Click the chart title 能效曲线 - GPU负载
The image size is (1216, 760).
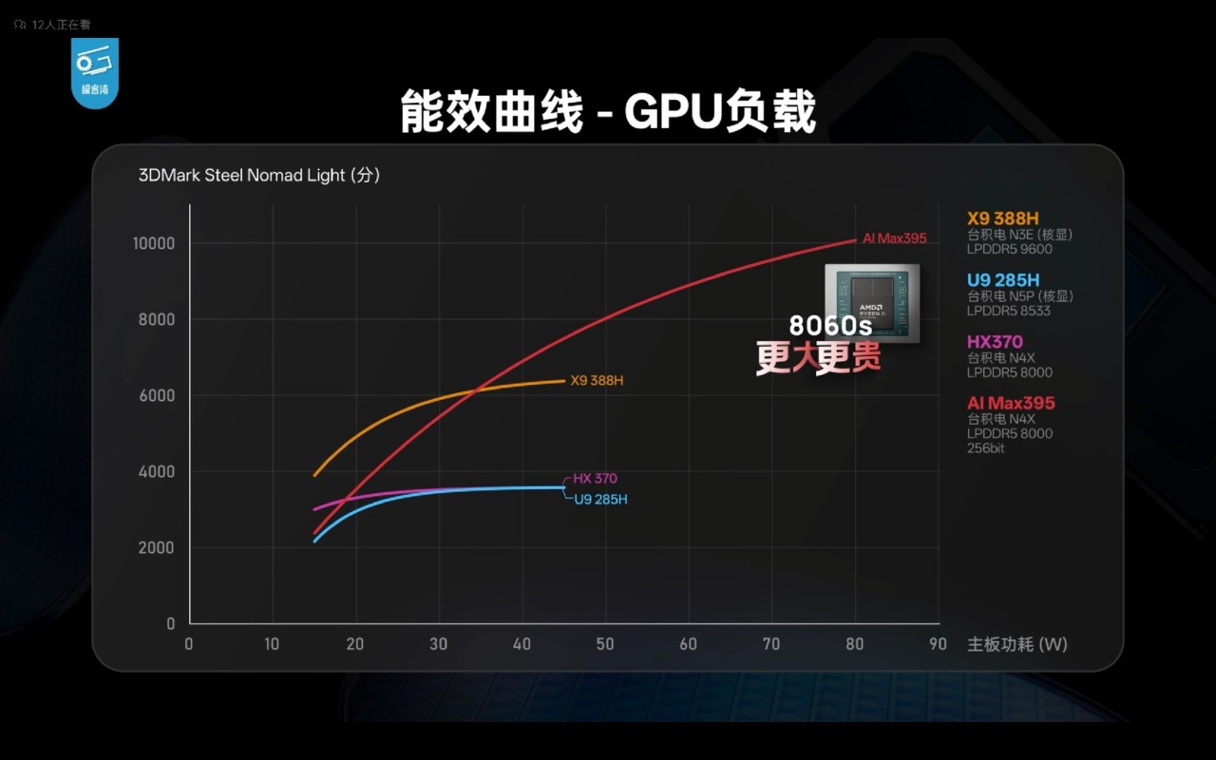608,113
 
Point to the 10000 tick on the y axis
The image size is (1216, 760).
153,243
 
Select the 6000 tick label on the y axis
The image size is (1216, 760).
157,395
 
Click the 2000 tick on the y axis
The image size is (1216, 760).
157,548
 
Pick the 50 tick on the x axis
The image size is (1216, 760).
605,644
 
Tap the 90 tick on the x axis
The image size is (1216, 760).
938,644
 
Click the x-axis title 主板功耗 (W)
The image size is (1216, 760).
1016,644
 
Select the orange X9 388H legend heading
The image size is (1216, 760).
1003,218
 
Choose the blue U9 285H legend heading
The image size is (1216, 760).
1003,279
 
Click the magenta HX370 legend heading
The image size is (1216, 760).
995,341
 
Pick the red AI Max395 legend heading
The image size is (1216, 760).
1011,403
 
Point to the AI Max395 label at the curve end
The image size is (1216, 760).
893,238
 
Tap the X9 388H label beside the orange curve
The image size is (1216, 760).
597,381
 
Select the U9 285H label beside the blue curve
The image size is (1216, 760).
600,499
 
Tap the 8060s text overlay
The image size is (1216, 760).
830,325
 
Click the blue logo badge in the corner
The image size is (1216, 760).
95,72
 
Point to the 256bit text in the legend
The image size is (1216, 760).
985,448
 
